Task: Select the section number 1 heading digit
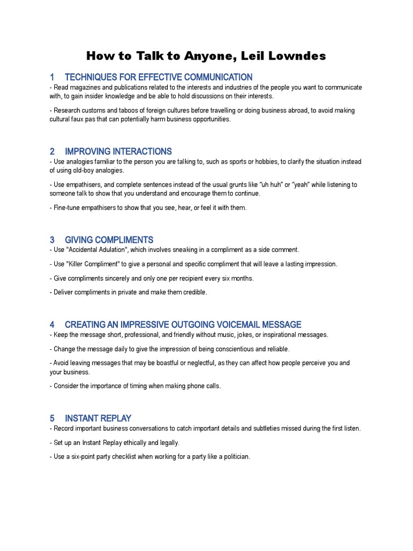(x=52, y=77)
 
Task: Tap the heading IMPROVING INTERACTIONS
(x=118, y=151)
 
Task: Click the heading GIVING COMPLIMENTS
(x=109, y=240)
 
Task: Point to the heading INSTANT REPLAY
(x=98, y=418)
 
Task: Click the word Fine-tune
(x=66, y=208)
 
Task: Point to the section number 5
(x=52, y=418)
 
